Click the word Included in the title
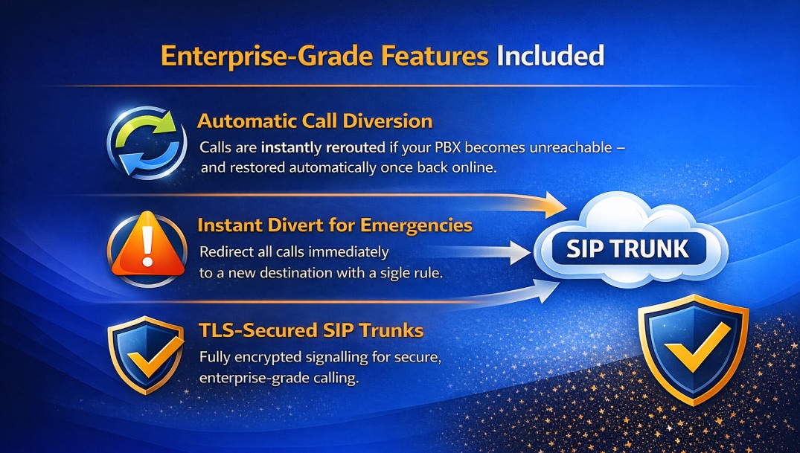550,57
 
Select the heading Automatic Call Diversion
315,121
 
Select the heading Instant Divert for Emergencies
335,225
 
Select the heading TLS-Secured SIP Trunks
311,330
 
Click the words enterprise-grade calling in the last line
279,379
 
